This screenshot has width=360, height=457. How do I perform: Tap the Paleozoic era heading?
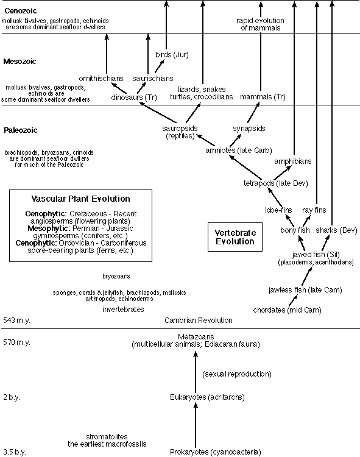[20, 130]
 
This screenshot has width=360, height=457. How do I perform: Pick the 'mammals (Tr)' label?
[263, 97]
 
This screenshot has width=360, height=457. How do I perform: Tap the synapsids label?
[249, 129]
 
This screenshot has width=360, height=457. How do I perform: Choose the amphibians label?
[293, 161]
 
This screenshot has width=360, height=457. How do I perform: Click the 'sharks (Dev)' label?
[333, 230]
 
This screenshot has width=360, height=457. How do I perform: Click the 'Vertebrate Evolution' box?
[237, 237]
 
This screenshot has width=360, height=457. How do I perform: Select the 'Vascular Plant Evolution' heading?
[80, 199]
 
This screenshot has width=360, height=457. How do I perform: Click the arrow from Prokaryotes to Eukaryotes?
[195, 427]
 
